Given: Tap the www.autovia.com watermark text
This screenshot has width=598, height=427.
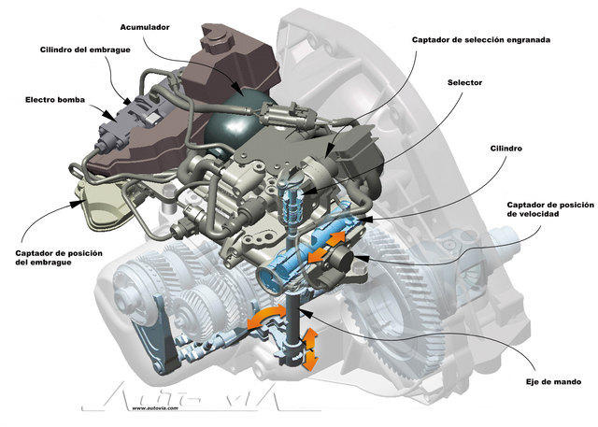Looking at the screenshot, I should pos(160,407).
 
